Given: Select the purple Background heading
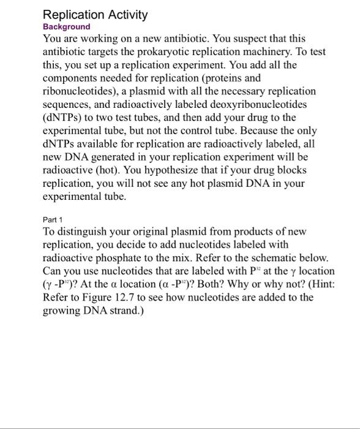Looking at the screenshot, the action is (x=66, y=27).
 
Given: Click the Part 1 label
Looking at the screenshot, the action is (x=53, y=219).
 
